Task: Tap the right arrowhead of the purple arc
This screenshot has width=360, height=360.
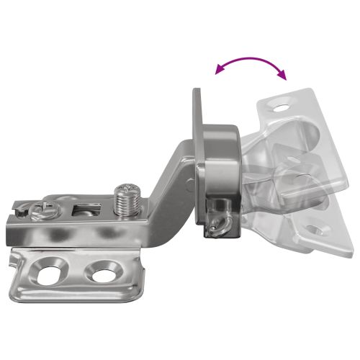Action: click(x=283, y=76)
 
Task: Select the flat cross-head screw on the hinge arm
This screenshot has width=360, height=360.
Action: click(x=41, y=210)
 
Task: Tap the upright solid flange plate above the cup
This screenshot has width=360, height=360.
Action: click(x=199, y=115)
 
